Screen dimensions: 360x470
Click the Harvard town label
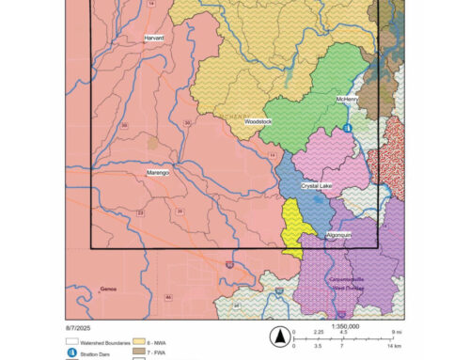click(154, 39)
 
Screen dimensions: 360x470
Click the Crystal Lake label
click(317, 186)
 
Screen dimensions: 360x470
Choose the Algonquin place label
click(339, 233)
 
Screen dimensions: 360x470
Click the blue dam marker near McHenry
click(346, 127)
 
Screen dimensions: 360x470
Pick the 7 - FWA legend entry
click(170, 352)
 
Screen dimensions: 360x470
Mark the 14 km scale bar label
click(393, 347)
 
